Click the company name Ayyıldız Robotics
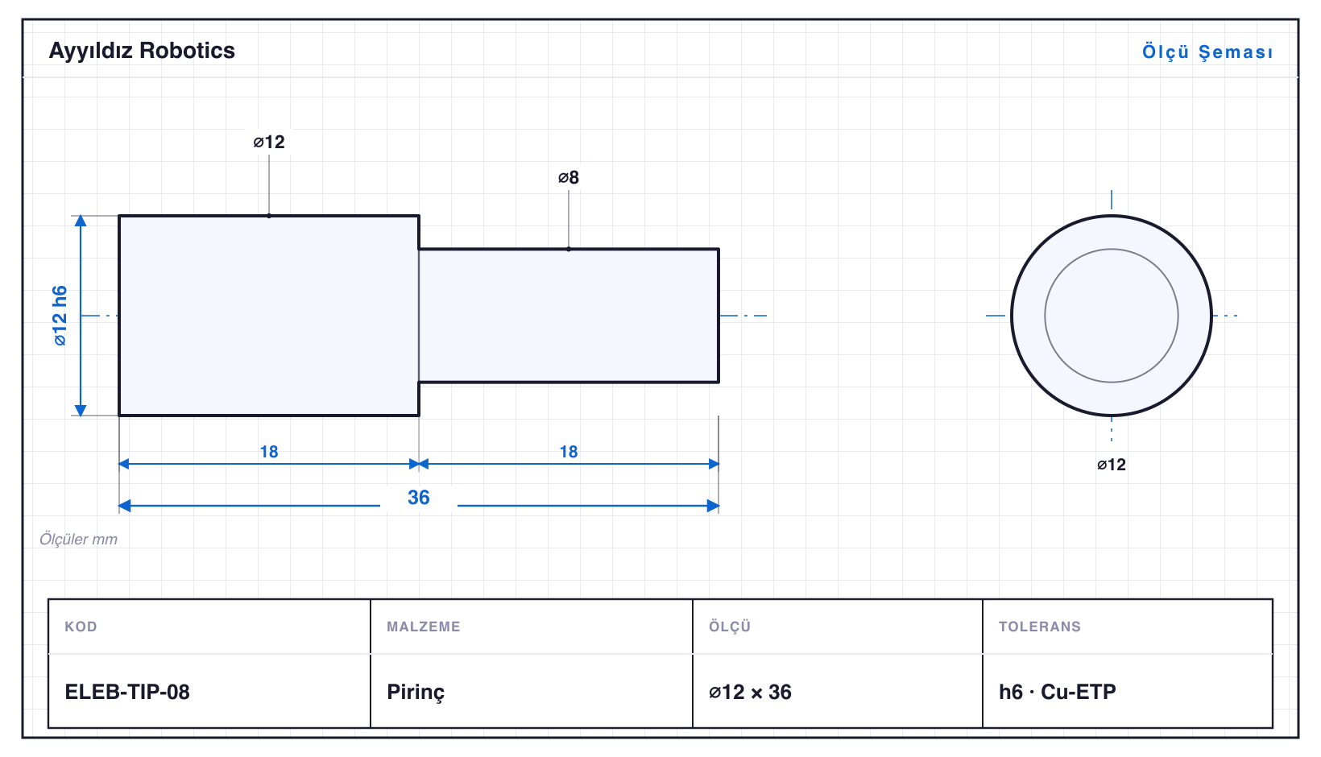142,52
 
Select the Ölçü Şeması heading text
1207,52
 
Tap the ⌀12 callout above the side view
269,142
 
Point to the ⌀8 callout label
569,177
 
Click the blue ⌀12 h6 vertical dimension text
60,316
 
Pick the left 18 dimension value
269,452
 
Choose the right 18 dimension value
569,452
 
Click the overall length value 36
419,498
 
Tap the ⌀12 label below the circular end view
1112,465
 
